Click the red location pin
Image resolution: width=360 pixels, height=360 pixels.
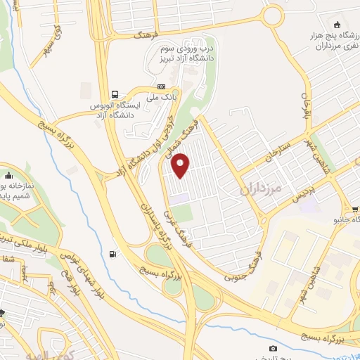coord(181,165)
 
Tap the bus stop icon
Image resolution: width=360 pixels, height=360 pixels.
coord(116,94)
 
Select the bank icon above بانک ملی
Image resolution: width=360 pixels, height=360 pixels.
coord(161,85)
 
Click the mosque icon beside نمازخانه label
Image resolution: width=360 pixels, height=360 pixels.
coord(8,175)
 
